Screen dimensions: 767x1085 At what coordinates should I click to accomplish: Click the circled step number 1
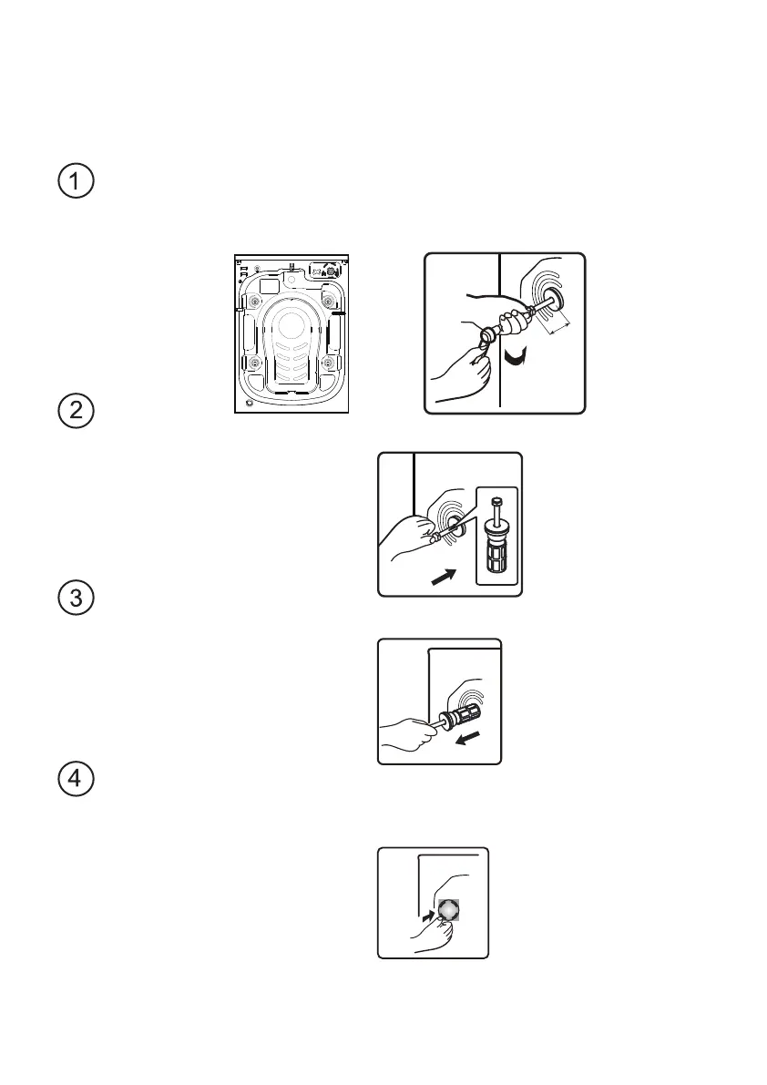[77, 182]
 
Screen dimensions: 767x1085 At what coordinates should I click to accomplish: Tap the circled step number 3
[77, 599]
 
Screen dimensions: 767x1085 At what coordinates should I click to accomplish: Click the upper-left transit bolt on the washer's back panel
[253, 301]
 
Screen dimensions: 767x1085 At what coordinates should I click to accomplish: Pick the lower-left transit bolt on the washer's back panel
[253, 364]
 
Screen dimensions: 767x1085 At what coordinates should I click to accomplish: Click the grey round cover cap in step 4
[448, 909]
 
